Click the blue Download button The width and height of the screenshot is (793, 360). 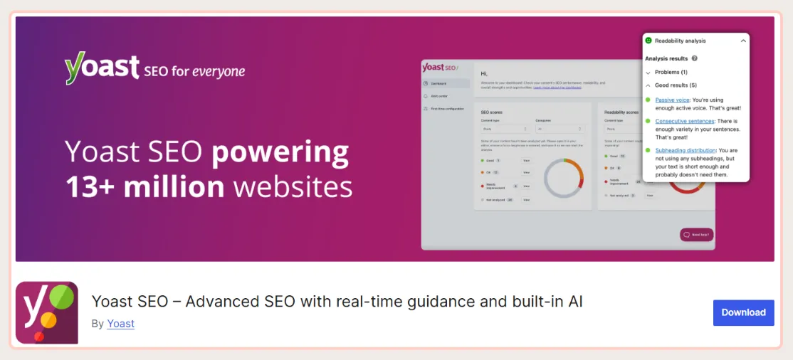click(x=743, y=312)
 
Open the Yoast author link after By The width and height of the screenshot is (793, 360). click(x=120, y=324)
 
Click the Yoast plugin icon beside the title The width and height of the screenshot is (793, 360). click(x=47, y=312)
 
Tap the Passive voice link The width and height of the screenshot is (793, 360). click(x=672, y=100)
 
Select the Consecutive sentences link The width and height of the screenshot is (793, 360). click(x=684, y=122)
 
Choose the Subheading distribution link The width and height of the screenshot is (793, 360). click(x=686, y=150)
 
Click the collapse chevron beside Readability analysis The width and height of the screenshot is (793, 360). click(x=743, y=41)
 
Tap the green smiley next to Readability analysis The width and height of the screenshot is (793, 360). click(x=648, y=41)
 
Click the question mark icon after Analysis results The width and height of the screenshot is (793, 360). click(x=694, y=58)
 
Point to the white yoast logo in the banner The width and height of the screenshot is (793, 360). click(x=102, y=69)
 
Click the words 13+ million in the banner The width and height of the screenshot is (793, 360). click(x=145, y=187)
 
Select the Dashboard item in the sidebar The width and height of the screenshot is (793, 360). click(x=439, y=83)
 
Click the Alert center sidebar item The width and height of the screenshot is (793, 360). click(x=440, y=96)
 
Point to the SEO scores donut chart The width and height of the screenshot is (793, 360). click(x=563, y=178)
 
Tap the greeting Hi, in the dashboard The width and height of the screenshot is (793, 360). click(x=484, y=73)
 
